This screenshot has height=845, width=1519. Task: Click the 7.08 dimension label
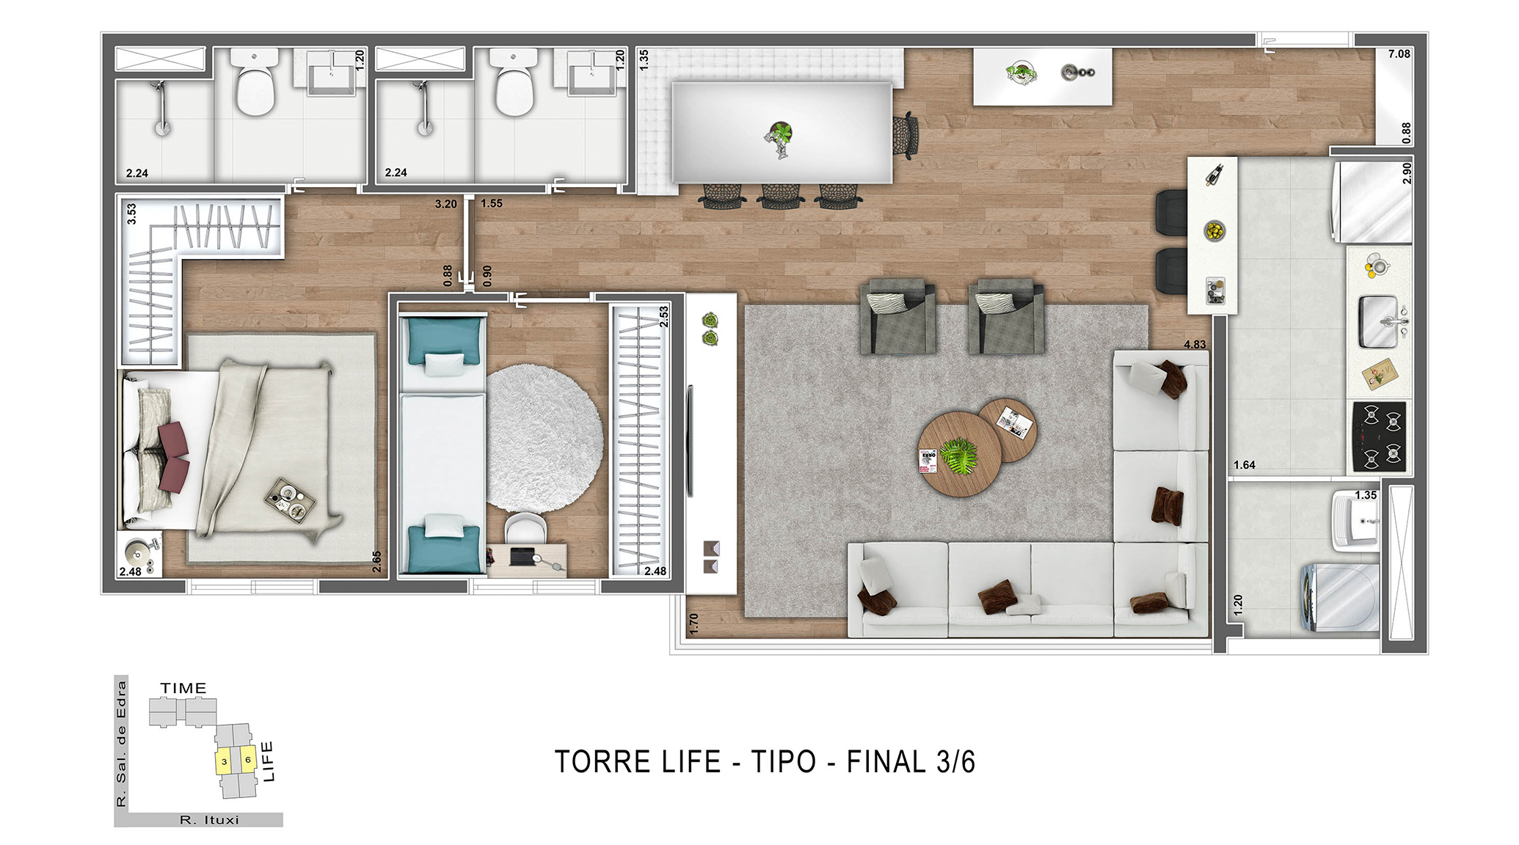(1399, 54)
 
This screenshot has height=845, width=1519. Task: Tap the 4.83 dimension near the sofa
(1195, 344)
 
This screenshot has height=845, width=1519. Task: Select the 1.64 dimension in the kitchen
(1244, 464)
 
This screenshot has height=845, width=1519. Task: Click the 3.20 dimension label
(445, 204)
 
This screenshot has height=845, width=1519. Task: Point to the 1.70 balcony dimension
(693, 623)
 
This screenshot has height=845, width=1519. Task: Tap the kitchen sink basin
(1379, 321)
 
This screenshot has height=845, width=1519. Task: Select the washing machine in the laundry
(1340, 596)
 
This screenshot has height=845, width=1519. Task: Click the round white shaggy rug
(544, 439)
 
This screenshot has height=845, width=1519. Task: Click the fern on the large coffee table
(959, 456)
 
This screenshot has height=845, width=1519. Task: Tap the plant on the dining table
(779, 138)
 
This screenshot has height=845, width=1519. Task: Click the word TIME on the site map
(183, 688)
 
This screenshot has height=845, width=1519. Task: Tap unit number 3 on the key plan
(224, 761)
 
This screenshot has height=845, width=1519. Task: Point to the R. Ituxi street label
(209, 820)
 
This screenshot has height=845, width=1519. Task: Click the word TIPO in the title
(783, 761)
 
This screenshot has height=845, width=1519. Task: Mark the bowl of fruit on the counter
(1214, 231)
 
